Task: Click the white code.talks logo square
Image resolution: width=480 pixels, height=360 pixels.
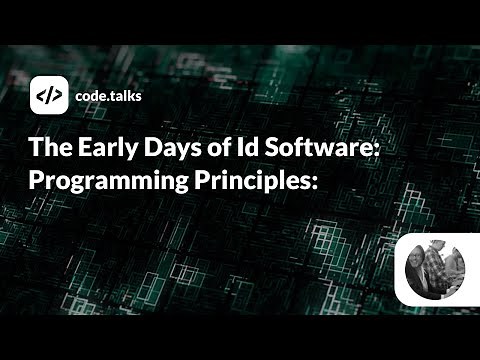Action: tap(47, 96)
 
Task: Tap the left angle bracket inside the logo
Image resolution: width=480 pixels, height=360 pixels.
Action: tap(39, 96)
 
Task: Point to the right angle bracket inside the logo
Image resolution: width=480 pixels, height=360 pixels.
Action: tap(55, 96)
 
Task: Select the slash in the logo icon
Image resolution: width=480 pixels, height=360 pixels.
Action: tap(47, 96)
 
